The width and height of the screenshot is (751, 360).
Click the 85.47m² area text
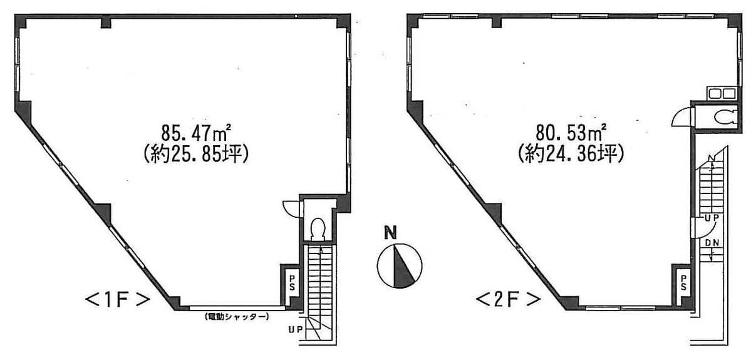[196, 131]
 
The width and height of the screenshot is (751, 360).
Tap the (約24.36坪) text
[571, 155]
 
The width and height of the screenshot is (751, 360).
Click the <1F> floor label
[118, 300]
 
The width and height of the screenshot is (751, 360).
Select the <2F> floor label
[508, 300]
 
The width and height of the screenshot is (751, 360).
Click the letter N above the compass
[391, 234]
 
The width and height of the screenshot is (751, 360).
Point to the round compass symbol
[399, 265]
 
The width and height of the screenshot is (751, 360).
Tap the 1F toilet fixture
[318, 228]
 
